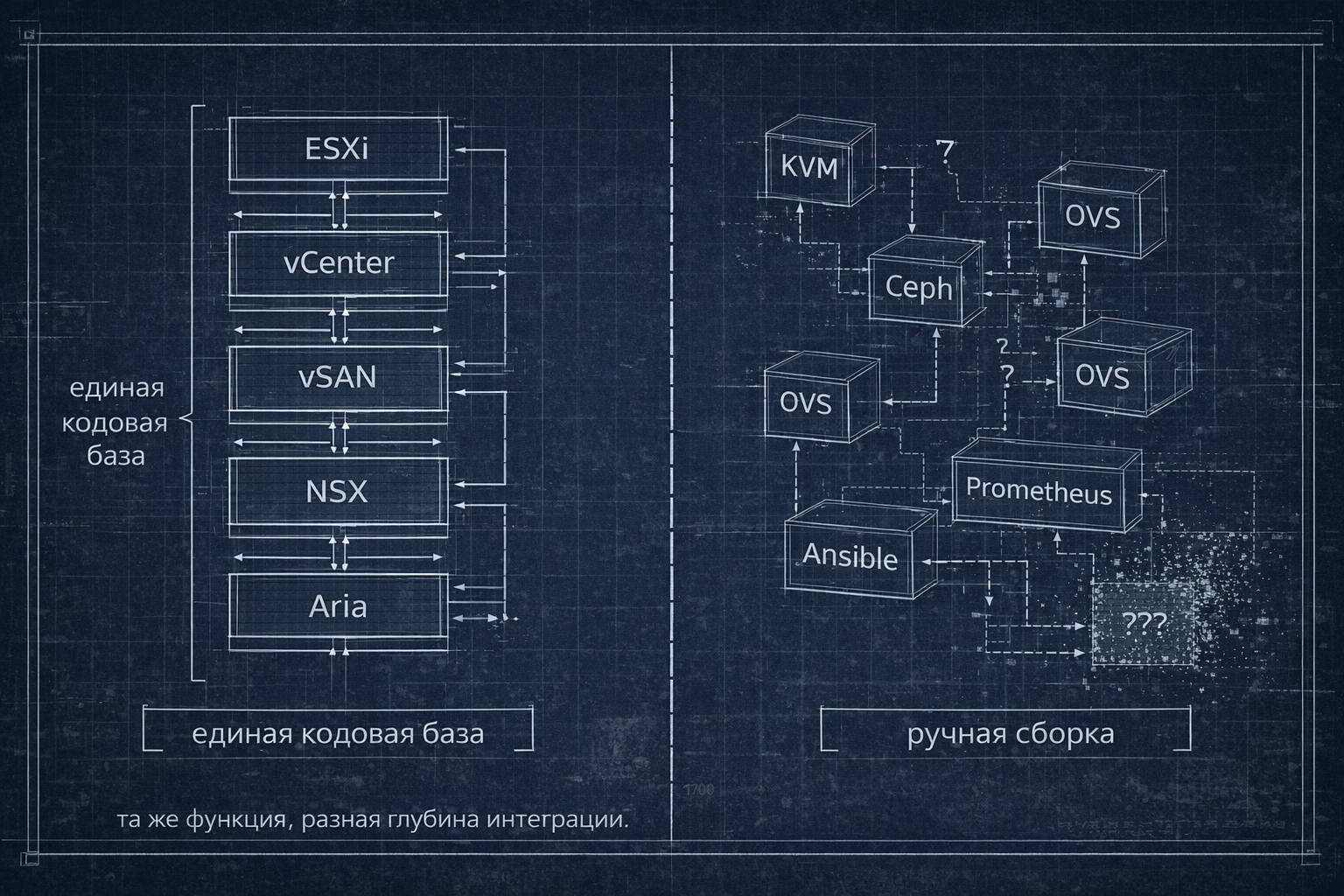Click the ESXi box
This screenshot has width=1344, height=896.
[338, 149]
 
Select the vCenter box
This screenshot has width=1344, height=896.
[338, 262]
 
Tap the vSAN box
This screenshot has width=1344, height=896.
[338, 376]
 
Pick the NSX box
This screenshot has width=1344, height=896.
[338, 491]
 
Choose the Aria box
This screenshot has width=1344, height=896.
[338, 605]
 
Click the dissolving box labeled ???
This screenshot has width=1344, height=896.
[1144, 623]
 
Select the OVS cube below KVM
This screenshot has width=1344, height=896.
[806, 403]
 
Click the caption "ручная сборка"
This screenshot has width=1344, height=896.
[1011, 732]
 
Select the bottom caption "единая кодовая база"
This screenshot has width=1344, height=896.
[338, 732]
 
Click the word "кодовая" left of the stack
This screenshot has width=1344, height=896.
[115, 423]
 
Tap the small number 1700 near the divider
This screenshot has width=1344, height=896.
[698, 789]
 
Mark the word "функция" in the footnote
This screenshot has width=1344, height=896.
[234, 820]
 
